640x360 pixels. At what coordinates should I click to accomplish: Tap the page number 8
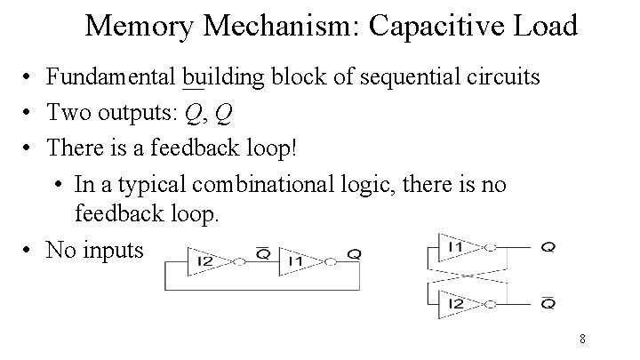[581, 339]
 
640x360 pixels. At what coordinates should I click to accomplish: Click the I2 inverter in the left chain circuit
[211, 260]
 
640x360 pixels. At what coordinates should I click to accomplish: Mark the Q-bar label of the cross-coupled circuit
[548, 302]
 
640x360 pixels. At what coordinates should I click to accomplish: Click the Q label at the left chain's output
[354, 254]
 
